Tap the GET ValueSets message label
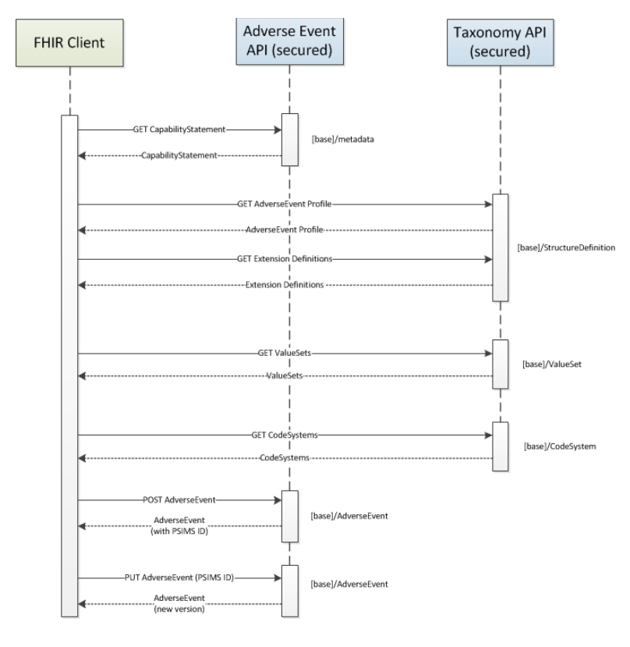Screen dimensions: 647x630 click(x=285, y=354)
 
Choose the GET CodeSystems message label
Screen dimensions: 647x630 click(x=285, y=435)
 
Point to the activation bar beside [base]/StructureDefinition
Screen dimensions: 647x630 click(x=500, y=247)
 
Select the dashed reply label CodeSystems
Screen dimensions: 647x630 click(x=285, y=458)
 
